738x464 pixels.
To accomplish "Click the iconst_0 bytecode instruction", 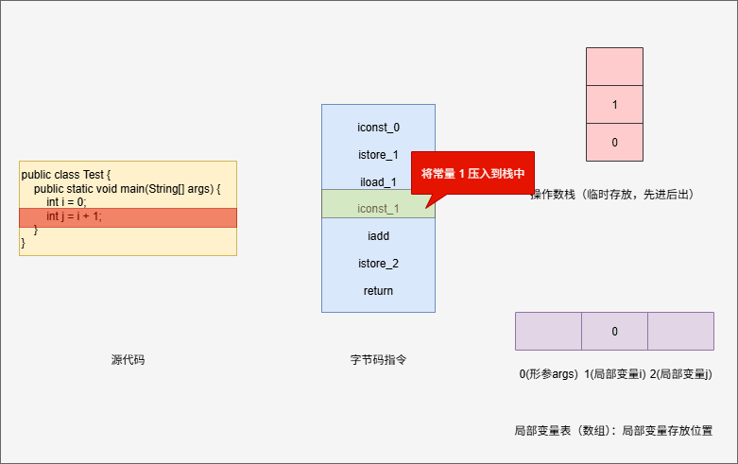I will coord(378,127).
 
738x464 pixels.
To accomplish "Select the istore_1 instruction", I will coord(378,154).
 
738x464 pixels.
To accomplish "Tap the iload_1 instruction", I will coord(378,181).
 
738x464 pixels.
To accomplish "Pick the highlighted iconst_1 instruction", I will coord(378,209).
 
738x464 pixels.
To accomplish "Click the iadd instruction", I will coord(378,235).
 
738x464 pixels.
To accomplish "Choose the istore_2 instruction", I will coord(378,263).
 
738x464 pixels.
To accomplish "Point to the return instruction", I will coord(378,290).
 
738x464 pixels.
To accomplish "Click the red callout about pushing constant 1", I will coord(472,174).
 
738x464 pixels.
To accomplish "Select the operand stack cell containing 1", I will coord(614,105).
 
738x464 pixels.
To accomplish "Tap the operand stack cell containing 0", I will coord(614,142).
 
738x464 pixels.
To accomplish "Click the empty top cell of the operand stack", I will coord(614,67).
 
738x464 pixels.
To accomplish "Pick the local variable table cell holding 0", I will coord(614,331).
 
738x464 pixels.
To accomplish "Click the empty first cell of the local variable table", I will coord(548,331).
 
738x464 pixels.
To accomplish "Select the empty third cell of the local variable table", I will coord(680,331).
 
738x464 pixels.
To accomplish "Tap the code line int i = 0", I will coord(66,202).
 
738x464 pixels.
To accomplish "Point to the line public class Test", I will coord(66,175).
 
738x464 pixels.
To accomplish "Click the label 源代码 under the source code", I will coord(128,360).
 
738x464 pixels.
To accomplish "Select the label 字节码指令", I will coord(378,360).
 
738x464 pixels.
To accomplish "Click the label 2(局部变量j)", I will coord(680,374).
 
